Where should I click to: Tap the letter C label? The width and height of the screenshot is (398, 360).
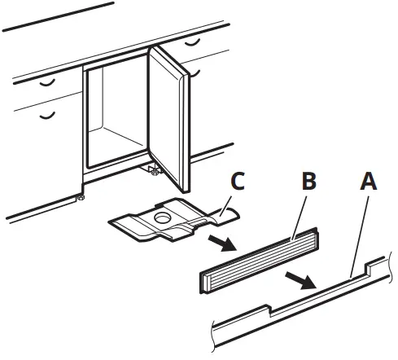pos(237,182)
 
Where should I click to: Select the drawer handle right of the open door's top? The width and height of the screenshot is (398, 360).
pos(194,41)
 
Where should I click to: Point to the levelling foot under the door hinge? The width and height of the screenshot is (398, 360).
pos(152,169)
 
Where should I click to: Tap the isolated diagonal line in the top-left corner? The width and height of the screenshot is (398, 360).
pos(57,16)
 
